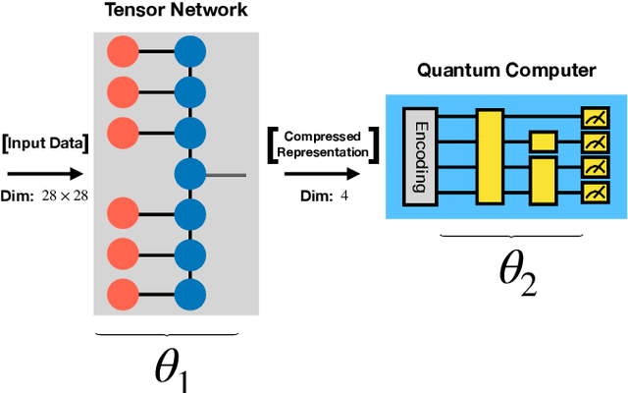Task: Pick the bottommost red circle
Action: tap(123, 292)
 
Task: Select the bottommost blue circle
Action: tap(190, 292)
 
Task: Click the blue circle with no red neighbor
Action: tap(190, 175)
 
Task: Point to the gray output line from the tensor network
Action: tap(226, 175)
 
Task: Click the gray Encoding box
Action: tap(420, 156)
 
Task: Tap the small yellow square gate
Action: tap(542, 141)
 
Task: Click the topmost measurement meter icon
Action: tap(593, 118)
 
